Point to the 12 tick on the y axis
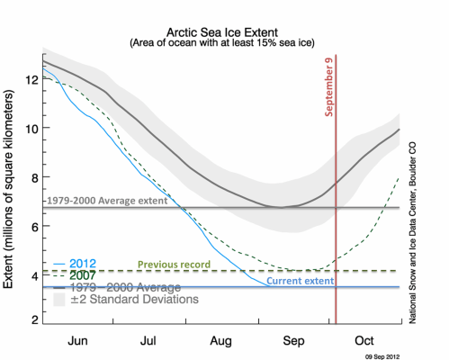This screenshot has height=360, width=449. (31, 79)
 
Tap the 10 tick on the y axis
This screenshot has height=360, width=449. (31, 128)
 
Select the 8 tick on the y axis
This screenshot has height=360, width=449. (33, 176)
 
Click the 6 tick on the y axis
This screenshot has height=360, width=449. (33, 225)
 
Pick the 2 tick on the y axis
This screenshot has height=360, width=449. (33, 320)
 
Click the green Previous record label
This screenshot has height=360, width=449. (173, 264)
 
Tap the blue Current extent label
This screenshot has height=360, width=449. (300, 281)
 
